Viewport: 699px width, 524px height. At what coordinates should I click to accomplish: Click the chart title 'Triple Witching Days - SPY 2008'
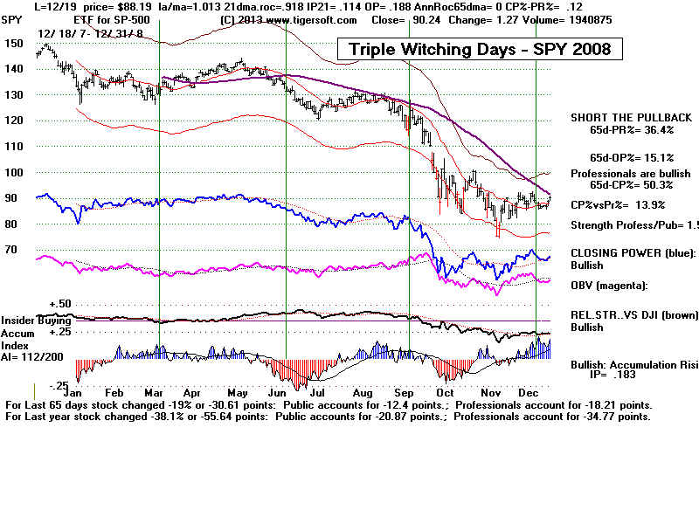pos(480,49)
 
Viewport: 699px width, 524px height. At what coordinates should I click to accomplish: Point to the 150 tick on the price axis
pos(12,43)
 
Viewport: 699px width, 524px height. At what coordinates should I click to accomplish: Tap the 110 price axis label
pos(12,146)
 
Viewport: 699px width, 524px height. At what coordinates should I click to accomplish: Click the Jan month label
pos(87,392)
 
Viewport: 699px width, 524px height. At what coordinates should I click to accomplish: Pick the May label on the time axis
pos(235,392)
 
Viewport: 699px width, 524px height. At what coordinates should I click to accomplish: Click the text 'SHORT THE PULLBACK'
pos(631,117)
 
